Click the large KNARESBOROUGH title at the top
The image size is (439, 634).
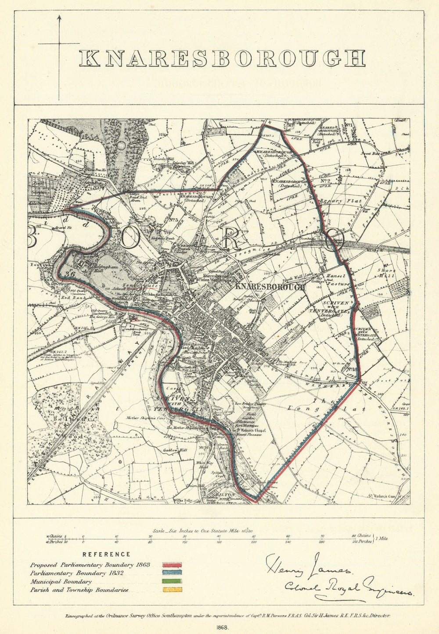[x=222, y=58]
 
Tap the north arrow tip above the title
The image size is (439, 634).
[x=59, y=16]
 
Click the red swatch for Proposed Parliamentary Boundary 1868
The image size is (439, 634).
[x=172, y=566]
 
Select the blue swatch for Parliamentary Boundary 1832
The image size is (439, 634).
[x=172, y=573]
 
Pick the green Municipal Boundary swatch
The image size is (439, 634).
[x=172, y=582]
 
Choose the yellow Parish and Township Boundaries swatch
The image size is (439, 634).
[x=172, y=590]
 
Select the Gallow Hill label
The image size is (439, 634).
[x=172, y=450]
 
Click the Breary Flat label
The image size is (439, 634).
[x=347, y=201]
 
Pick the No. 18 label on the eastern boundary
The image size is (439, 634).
[x=351, y=369]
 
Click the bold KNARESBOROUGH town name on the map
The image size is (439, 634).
[x=270, y=287]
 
